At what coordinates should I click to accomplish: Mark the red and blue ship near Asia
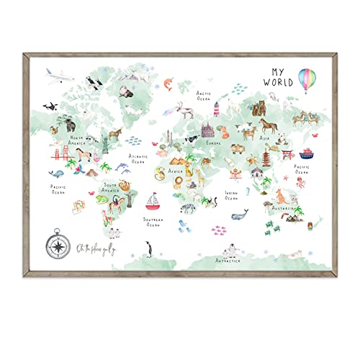point(305,154)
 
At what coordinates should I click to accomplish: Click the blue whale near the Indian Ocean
point(239,214)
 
